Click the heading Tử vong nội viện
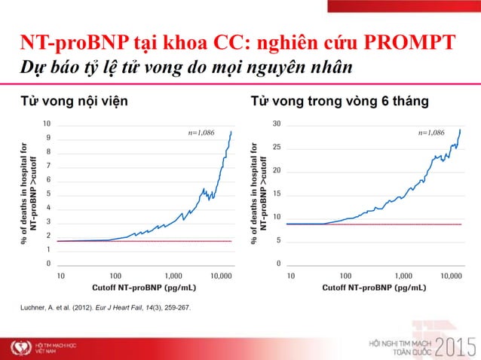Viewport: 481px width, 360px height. (73, 101)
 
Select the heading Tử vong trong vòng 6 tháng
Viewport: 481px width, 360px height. (339, 101)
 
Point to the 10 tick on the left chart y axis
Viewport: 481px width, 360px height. (47, 124)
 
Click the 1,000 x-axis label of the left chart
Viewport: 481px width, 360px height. (173, 276)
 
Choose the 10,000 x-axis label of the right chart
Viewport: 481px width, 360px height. (451, 276)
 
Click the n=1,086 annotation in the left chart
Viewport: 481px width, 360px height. (201, 133)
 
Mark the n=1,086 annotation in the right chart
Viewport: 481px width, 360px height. (430, 133)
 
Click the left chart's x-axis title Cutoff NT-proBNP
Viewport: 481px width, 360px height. (144, 288)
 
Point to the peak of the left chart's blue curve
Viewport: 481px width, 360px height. (231, 132)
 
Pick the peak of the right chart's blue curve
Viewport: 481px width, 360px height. (460, 130)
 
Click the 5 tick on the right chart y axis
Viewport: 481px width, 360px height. (278, 241)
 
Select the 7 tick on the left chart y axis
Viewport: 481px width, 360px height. (48, 166)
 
